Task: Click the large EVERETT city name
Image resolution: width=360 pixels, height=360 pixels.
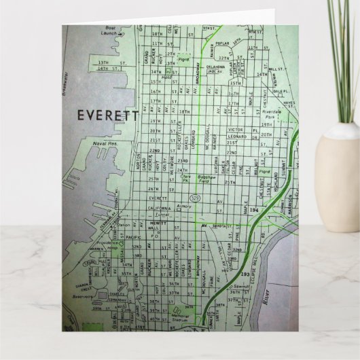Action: click(108, 115)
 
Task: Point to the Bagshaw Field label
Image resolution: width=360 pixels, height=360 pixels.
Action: click(206, 178)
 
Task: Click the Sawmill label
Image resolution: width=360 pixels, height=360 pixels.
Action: click(238, 288)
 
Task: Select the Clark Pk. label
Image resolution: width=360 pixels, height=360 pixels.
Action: click(185, 178)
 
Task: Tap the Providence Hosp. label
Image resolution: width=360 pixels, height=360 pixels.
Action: click(108, 245)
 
